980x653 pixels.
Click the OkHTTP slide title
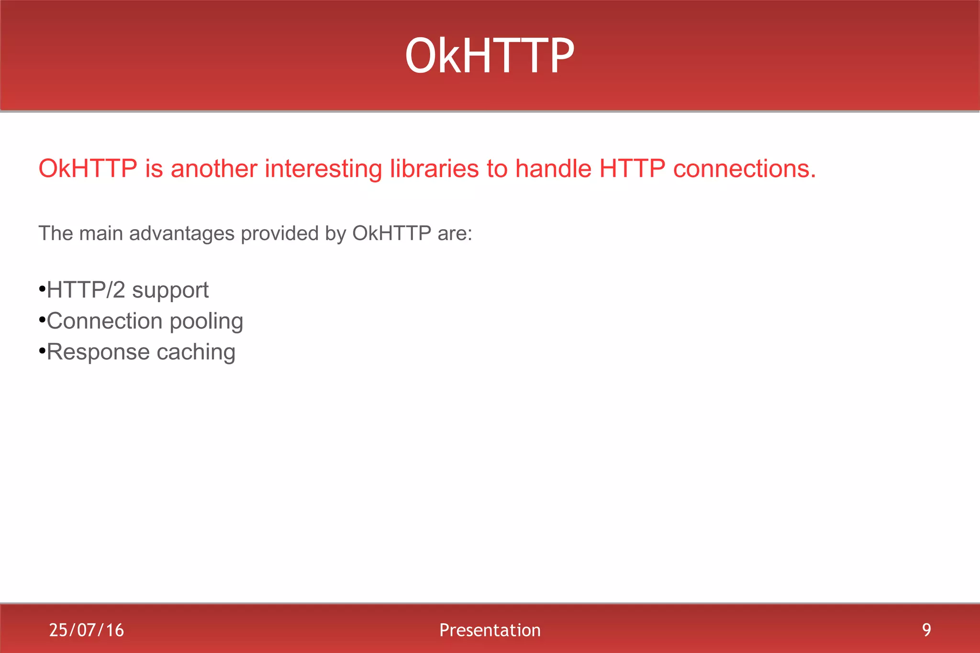(489, 56)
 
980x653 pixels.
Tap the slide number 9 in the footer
(926, 630)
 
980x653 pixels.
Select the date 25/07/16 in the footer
(87, 630)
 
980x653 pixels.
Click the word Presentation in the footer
(490, 630)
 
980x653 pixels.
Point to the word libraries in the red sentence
(434, 169)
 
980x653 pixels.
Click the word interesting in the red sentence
(323, 169)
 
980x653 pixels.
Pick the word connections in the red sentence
(744, 169)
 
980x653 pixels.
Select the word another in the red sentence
(214, 169)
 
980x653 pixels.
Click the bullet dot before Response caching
(42, 352)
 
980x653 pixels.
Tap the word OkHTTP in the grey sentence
(391, 233)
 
